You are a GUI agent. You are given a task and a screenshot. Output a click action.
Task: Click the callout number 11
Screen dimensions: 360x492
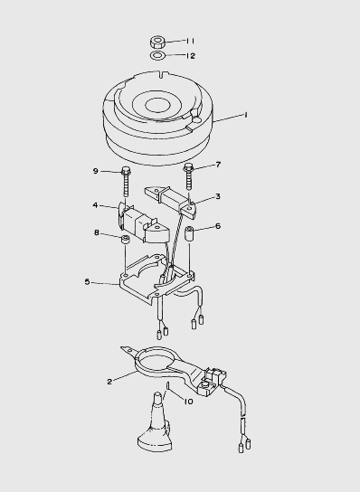point(191,41)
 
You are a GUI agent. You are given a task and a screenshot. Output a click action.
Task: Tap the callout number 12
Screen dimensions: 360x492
point(191,56)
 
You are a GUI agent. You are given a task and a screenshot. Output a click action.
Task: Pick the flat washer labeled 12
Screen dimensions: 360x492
point(158,56)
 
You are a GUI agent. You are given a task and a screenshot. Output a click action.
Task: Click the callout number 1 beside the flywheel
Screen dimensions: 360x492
point(246,115)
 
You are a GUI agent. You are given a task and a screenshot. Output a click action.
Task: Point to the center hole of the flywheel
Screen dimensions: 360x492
point(158,105)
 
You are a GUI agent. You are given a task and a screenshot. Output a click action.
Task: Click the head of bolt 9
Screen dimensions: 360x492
point(126,171)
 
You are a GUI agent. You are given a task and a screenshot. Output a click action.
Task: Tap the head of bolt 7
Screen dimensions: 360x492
point(188,166)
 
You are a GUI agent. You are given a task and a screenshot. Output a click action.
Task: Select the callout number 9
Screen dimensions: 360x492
point(96,171)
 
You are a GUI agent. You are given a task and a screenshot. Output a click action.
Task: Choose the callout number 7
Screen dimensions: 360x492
point(218,165)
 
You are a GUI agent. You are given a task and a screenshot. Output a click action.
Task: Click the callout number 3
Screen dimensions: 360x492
point(218,196)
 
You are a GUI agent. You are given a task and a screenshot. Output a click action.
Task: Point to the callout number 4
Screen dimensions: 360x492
point(96,205)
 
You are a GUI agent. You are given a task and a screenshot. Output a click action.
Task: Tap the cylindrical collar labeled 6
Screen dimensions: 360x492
point(190,232)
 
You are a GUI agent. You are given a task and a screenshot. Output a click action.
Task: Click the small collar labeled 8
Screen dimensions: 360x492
point(125,240)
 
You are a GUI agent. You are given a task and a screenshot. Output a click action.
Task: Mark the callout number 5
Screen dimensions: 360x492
point(87,282)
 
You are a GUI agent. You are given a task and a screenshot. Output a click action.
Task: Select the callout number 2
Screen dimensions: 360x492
point(109,382)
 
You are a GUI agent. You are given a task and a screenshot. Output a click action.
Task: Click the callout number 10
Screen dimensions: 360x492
point(188,402)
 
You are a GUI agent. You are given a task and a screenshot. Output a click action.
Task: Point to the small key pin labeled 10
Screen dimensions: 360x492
point(168,385)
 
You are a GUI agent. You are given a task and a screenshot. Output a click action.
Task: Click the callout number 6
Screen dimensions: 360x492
point(218,226)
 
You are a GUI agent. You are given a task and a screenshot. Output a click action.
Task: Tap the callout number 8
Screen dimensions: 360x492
point(97,232)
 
